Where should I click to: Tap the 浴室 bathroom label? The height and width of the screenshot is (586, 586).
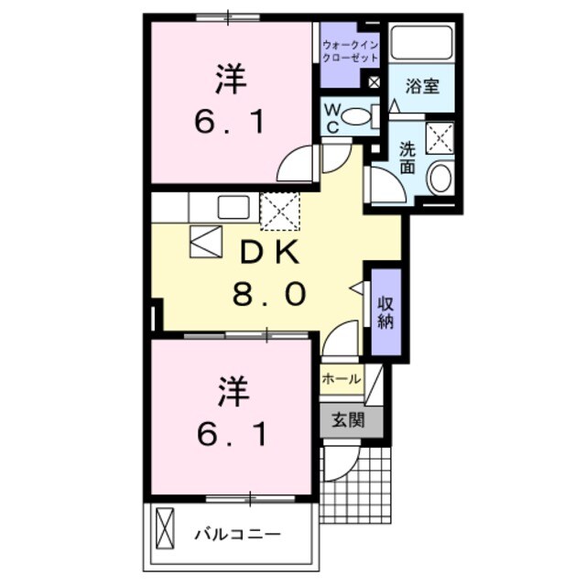[423, 88]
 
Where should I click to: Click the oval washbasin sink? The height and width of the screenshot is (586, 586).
[439, 178]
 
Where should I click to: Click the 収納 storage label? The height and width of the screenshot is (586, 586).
[385, 311]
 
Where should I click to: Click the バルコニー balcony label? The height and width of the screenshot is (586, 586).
[237, 534]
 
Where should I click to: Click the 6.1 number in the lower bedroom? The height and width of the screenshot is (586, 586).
[233, 435]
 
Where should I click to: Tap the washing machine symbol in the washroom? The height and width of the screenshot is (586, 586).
[442, 138]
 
